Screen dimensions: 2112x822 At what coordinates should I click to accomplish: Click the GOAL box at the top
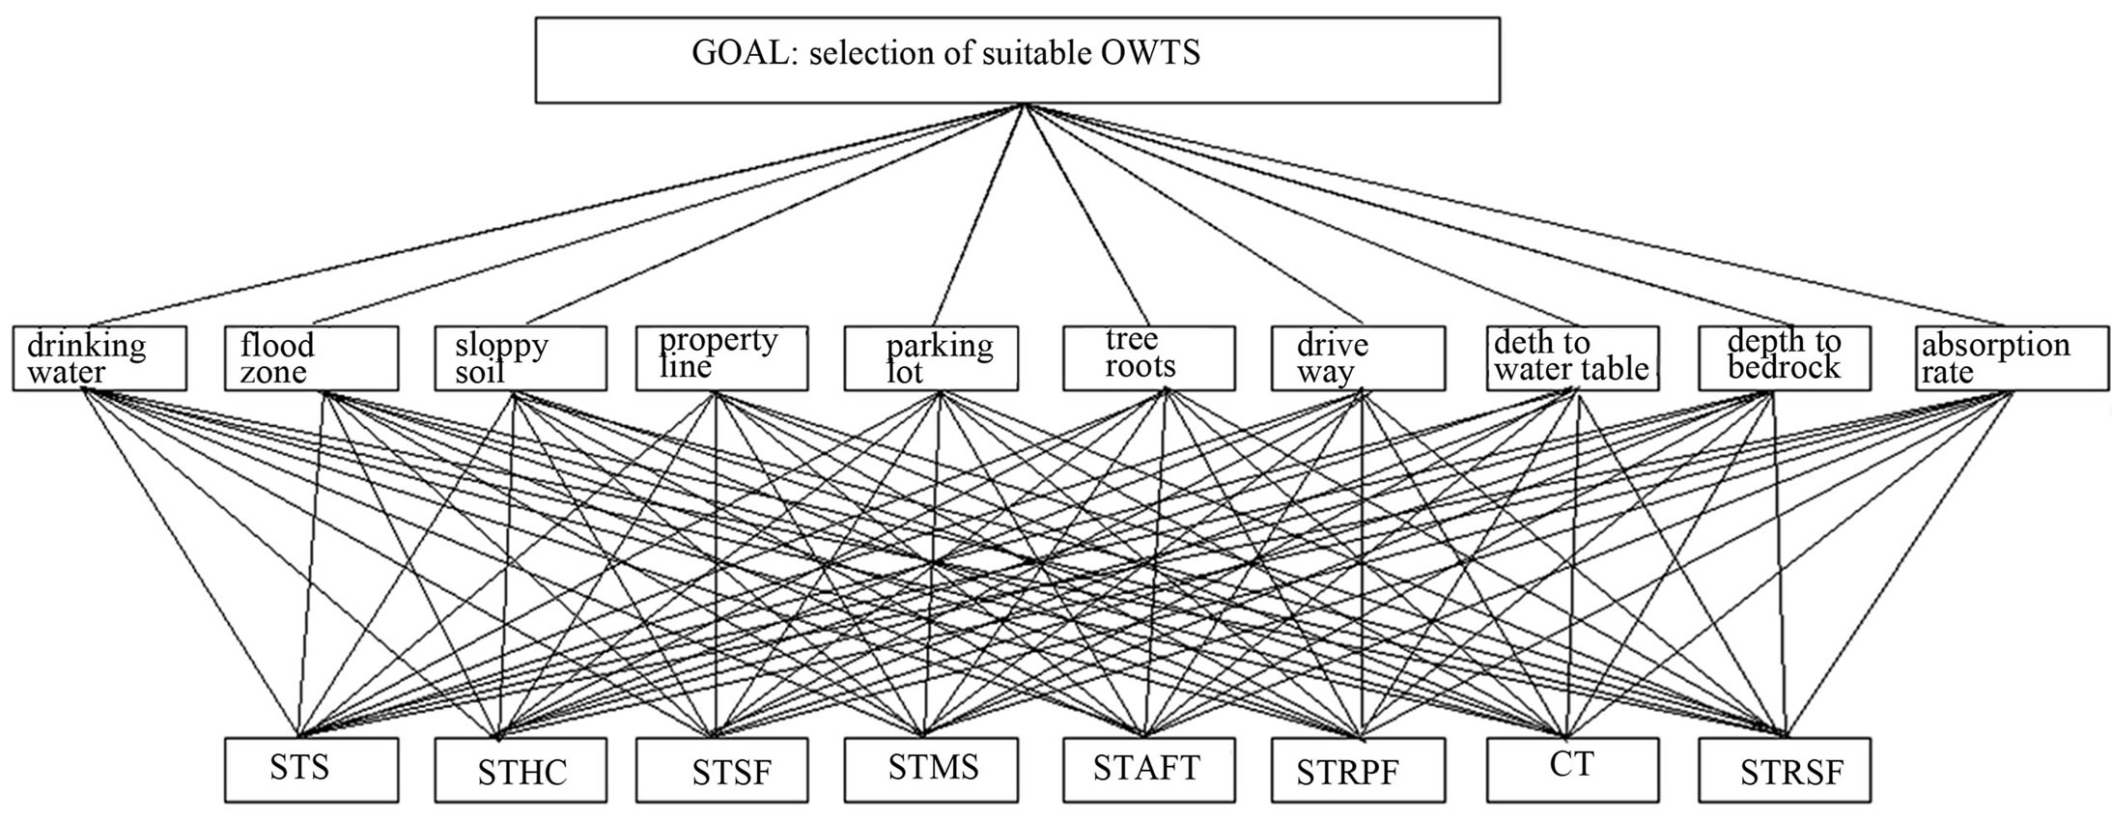tap(1018, 59)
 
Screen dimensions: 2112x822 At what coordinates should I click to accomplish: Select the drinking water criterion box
tap(99, 358)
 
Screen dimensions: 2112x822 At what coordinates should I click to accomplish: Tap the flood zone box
tap(311, 358)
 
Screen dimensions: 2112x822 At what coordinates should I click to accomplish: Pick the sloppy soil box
tap(521, 358)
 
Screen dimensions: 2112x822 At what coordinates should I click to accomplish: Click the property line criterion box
tap(722, 358)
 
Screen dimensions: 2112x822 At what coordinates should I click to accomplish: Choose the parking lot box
tap(931, 358)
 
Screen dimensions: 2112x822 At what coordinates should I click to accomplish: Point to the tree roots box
tap(1149, 358)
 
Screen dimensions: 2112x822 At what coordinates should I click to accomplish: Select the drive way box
tap(1359, 358)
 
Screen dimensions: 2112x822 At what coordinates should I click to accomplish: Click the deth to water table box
tap(1573, 358)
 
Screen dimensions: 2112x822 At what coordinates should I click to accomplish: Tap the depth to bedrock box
tap(1785, 358)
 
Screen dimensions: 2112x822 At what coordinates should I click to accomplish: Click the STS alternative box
tap(311, 770)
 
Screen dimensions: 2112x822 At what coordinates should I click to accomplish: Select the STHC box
tap(521, 770)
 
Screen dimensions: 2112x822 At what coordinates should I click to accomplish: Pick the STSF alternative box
tap(722, 770)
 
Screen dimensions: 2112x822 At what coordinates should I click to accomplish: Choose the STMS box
tap(931, 770)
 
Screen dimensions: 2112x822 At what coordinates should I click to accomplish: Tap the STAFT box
tap(1149, 770)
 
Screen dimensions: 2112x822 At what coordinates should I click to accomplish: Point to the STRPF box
tap(1359, 770)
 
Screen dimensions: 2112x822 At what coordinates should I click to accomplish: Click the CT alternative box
tap(1573, 770)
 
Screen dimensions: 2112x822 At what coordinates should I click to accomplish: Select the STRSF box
tap(1785, 770)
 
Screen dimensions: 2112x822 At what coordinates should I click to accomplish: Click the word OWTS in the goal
tap(1150, 52)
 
